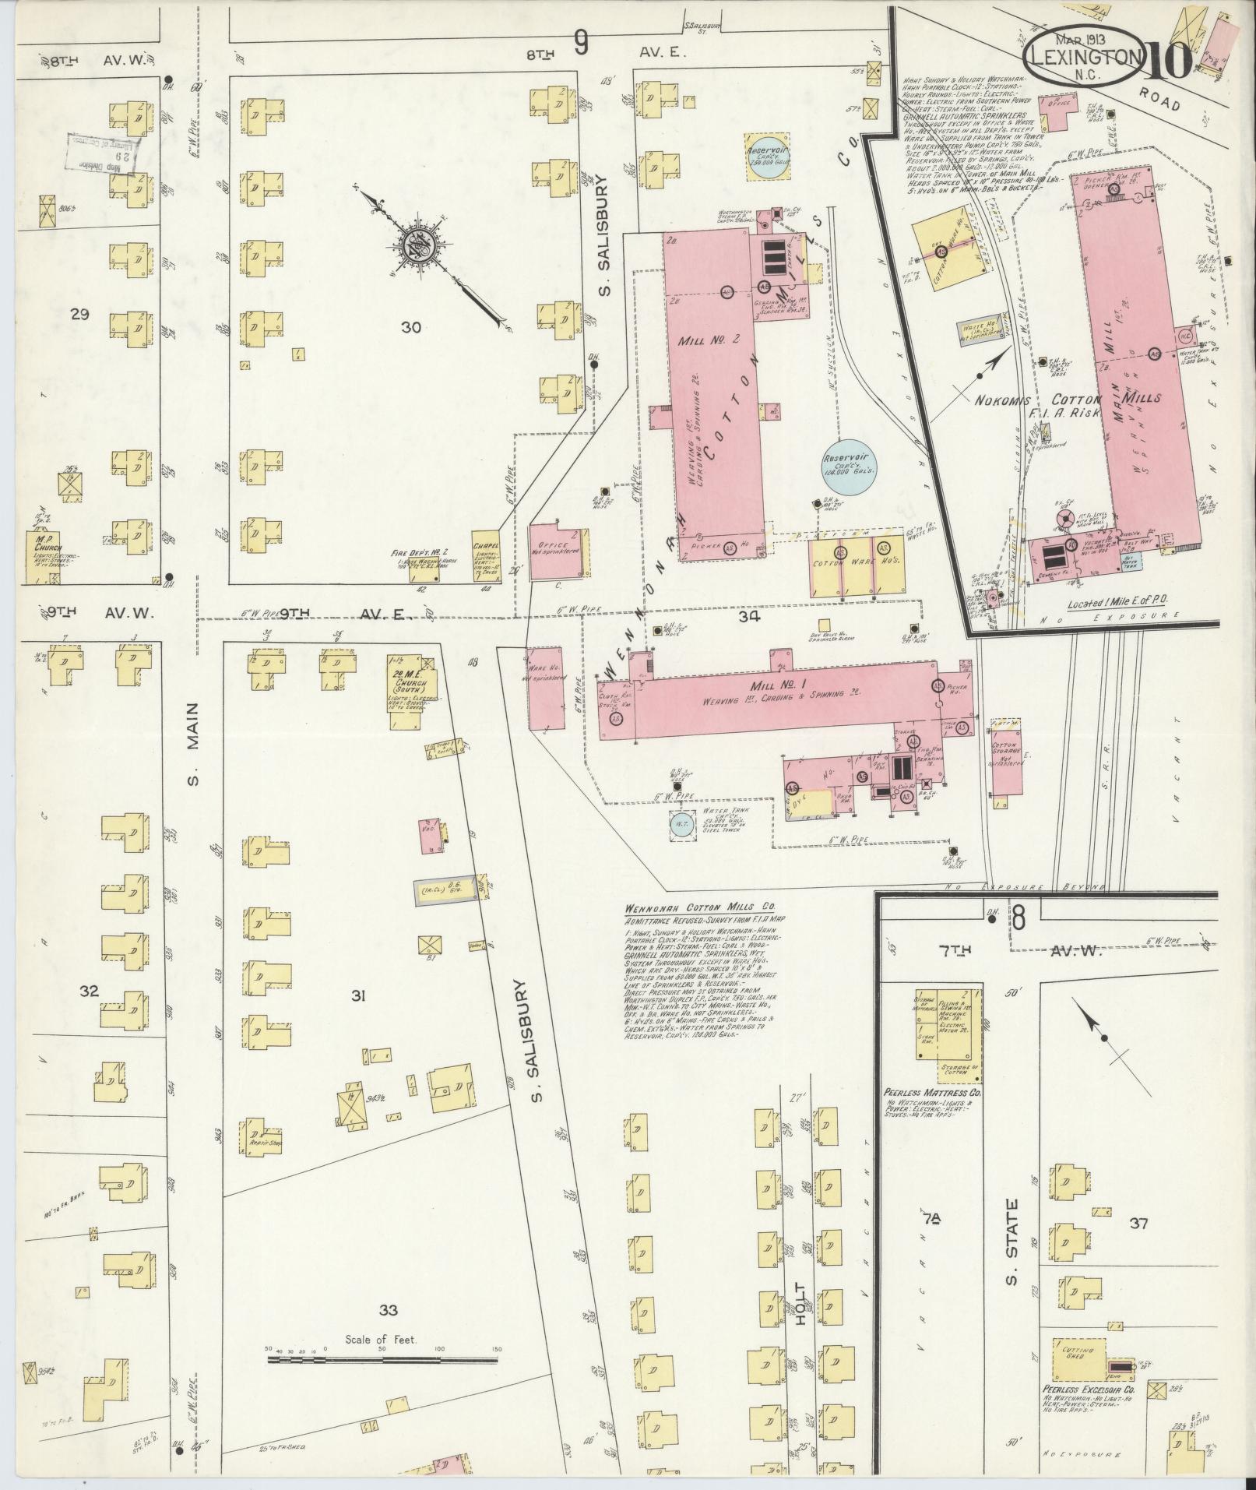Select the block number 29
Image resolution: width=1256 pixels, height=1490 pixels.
click(79, 315)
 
